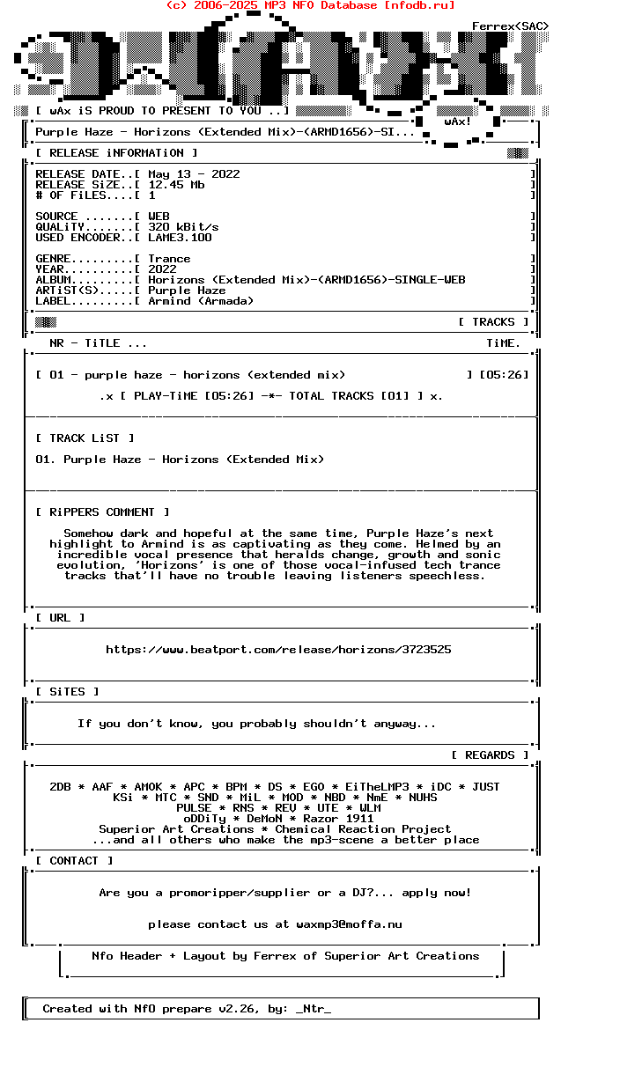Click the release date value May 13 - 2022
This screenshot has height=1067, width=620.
pos(194,174)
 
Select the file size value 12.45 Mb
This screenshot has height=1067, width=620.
pos(176,185)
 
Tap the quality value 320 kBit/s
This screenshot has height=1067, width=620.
pos(183,227)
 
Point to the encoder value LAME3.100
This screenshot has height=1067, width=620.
pos(180,238)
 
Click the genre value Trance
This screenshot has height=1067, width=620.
pos(169,259)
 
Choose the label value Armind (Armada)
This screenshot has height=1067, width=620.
pos(201,301)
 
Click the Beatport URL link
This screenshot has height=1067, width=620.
pos(278,650)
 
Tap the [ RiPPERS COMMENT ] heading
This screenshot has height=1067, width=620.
pos(102,512)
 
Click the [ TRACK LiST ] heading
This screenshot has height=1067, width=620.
pos(85,438)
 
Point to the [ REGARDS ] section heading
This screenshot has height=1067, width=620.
pos(490,755)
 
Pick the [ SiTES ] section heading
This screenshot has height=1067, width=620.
pos(67,692)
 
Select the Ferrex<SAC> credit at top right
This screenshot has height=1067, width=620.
pos(510,26)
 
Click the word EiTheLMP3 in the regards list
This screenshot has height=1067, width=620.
pos(377,787)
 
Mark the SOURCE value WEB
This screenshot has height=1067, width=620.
pos(159,217)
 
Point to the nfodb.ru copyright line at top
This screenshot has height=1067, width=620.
pos(310,5)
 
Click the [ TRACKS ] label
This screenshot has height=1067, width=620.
pos(493,322)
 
